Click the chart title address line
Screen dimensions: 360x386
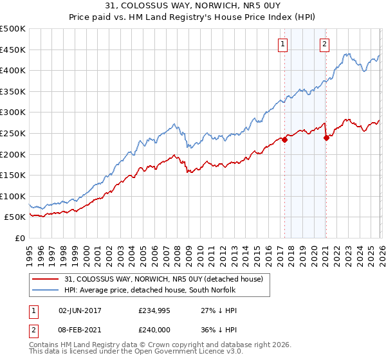193,6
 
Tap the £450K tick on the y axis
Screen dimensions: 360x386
13,50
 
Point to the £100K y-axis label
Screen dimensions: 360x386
13,196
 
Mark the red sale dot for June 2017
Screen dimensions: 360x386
284,139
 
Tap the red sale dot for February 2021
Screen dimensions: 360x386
326,138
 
